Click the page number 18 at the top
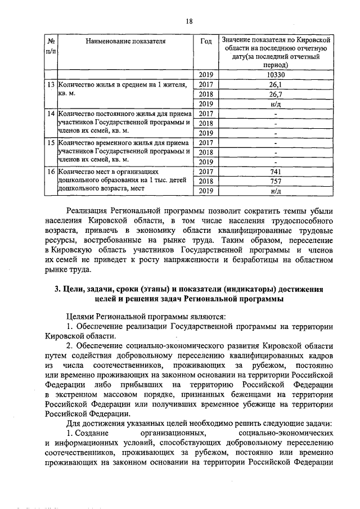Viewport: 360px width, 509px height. click(x=190, y=21)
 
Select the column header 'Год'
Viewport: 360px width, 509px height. click(x=206, y=41)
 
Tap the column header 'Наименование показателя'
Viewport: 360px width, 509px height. click(x=126, y=41)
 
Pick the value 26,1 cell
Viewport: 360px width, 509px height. click(x=275, y=84)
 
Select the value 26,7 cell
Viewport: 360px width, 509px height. click(x=275, y=94)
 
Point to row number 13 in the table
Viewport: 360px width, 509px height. click(x=50, y=84)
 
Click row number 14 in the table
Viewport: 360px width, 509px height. click(x=50, y=114)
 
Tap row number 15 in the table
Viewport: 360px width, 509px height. click(x=50, y=143)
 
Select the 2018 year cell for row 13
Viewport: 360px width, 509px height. click(x=206, y=94)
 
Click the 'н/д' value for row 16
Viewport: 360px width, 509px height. click(x=275, y=191)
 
